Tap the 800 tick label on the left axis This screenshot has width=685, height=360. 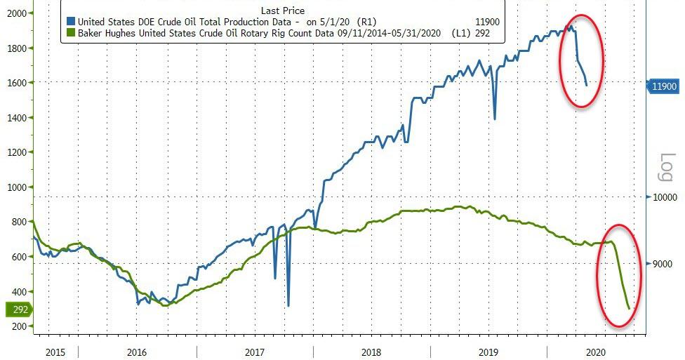[16, 222]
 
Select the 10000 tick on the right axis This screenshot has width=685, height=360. [663, 198]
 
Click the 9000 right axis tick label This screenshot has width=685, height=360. [661, 264]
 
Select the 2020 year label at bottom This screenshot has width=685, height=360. [595, 351]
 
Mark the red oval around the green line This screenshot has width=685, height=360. [620, 274]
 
